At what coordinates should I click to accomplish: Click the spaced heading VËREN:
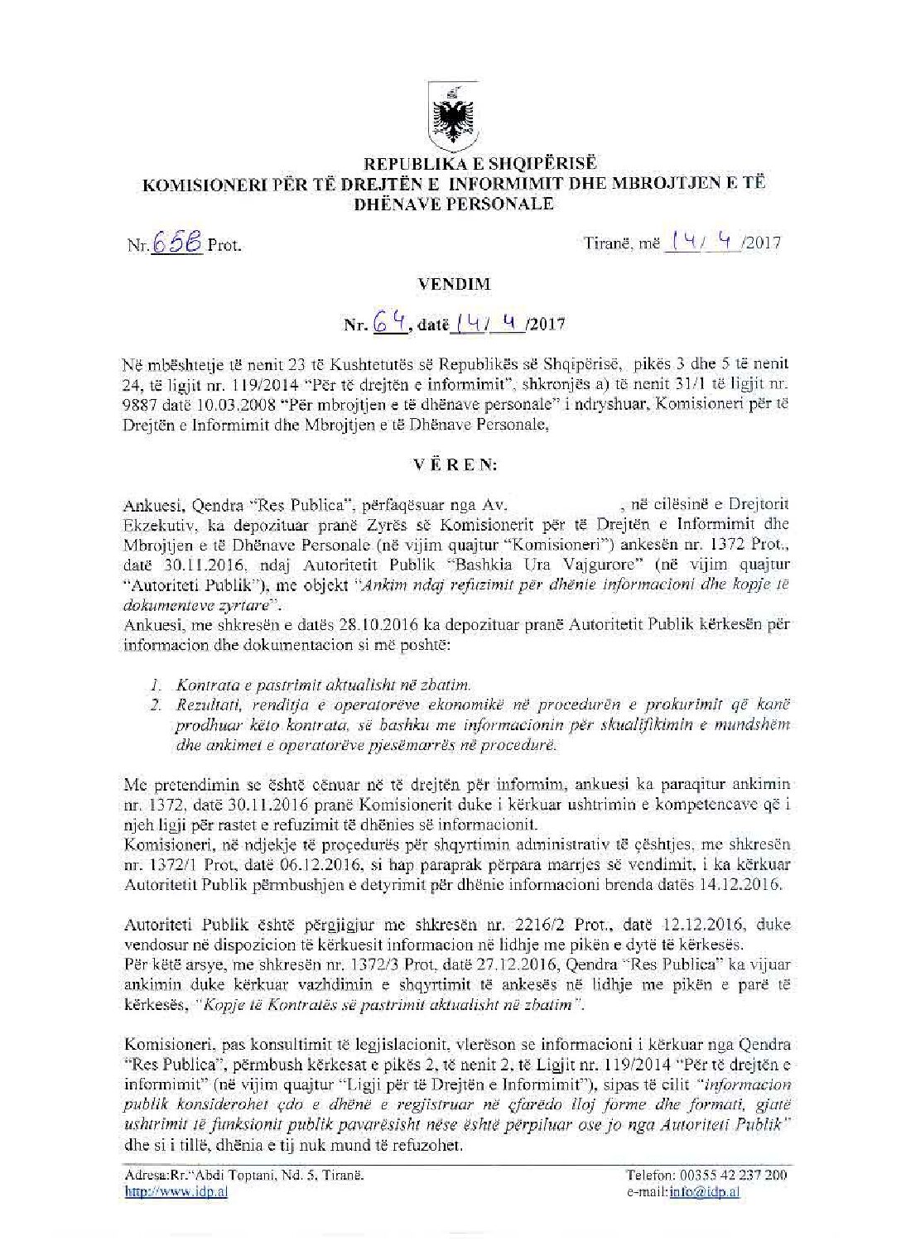coord(452,464)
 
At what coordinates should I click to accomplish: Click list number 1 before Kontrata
coord(155,685)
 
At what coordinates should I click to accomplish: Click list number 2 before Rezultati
coord(155,705)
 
